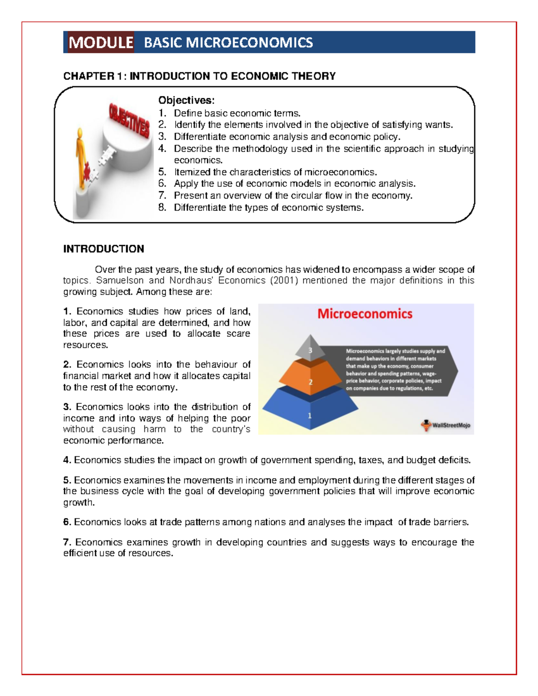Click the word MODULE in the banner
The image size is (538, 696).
(x=100, y=43)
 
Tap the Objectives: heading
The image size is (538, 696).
(x=186, y=100)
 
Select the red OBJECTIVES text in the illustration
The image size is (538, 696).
(x=129, y=120)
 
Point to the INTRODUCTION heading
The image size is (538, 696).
(x=104, y=249)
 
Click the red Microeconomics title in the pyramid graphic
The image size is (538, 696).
(x=364, y=314)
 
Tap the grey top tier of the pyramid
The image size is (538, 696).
(x=310, y=348)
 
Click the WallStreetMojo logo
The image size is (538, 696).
(x=446, y=425)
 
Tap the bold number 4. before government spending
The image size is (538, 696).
(x=67, y=460)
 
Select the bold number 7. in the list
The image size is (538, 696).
(x=67, y=542)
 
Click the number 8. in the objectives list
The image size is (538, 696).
(x=162, y=207)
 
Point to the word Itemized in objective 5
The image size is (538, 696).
(x=192, y=172)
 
